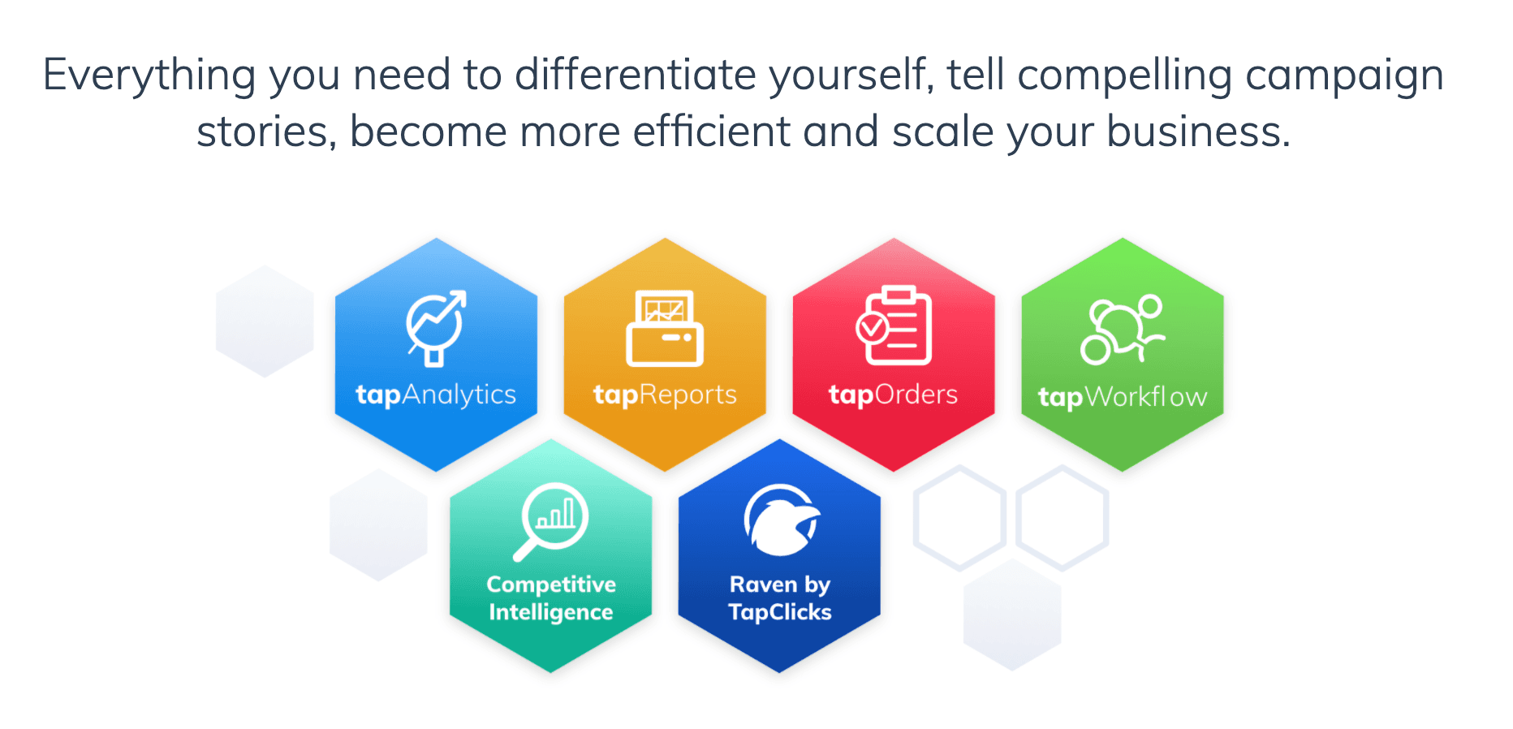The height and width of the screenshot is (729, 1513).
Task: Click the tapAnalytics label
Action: [436, 395]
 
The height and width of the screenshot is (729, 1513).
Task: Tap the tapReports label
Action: [665, 395]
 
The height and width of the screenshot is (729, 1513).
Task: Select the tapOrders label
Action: [893, 395]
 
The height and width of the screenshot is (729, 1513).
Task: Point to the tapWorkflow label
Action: [1123, 397]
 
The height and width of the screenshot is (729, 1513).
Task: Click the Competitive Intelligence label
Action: [551, 598]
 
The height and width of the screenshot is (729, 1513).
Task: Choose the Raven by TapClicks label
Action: [780, 598]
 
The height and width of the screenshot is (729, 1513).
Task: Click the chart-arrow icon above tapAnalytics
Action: [436, 327]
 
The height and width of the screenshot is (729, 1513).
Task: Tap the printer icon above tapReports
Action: [665, 328]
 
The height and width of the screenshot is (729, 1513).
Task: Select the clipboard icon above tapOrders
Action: [894, 325]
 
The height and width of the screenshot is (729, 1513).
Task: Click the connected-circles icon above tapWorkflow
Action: [1123, 329]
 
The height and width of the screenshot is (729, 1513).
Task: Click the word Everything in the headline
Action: [149, 75]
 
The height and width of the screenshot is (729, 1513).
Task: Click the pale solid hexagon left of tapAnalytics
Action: [265, 321]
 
